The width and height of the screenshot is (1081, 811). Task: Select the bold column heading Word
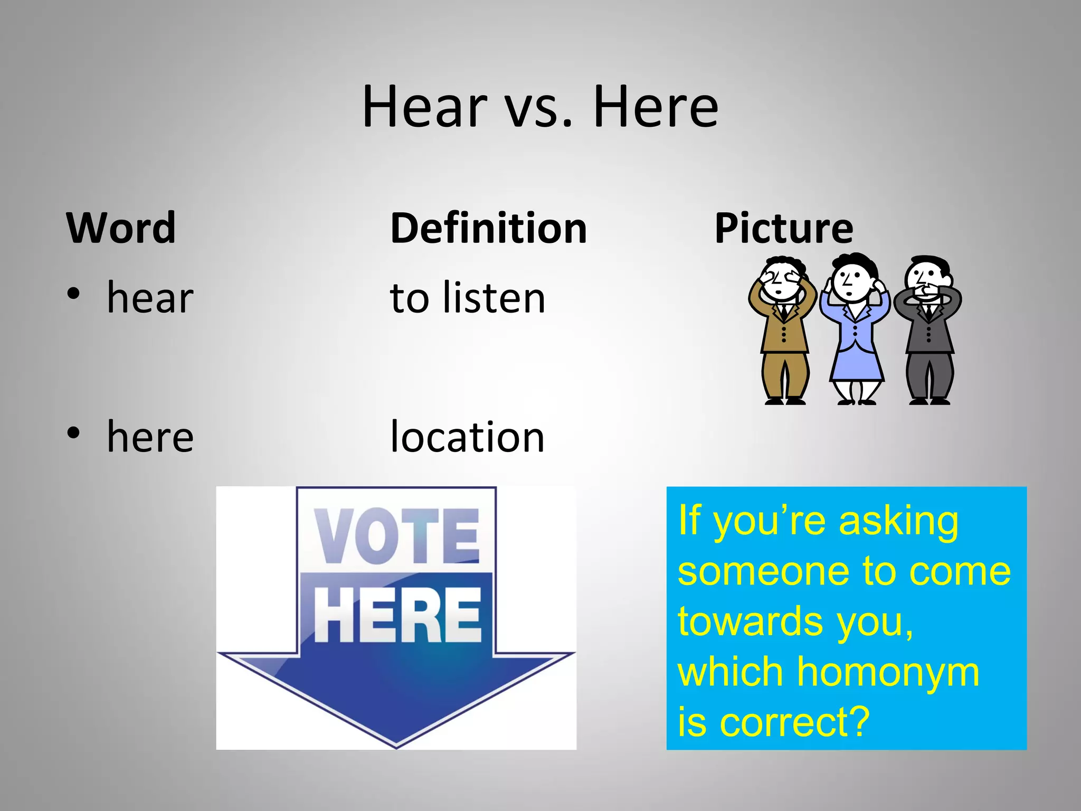(x=121, y=228)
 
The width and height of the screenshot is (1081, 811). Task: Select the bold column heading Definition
(x=488, y=228)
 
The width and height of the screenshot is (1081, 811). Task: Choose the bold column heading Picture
(x=783, y=228)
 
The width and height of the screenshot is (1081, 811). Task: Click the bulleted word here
(x=150, y=437)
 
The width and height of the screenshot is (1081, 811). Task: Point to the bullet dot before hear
(x=73, y=293)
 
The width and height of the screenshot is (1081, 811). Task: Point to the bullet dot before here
(x=73, y=432)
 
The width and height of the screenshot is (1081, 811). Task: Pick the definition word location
(x=467, y=437)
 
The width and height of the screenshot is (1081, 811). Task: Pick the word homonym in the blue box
(x=887, y=672)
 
